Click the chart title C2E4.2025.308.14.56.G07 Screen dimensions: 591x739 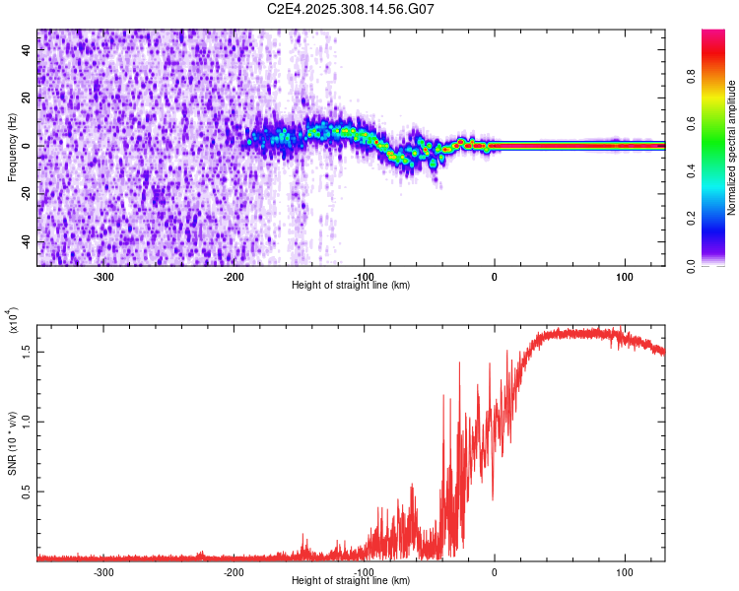click(351, 9)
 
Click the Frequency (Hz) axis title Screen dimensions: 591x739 click(13, 147)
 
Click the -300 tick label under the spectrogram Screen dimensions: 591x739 click(104, 276)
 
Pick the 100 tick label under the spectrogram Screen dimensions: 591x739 click(624, 276)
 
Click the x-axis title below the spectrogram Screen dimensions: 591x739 click(351, 286)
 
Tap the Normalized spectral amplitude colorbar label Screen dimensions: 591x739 click(732, 147)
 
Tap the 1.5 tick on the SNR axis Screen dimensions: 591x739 click(26, 350)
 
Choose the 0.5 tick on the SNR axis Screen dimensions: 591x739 click(26, 491)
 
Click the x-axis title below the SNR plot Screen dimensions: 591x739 click(351, 581)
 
